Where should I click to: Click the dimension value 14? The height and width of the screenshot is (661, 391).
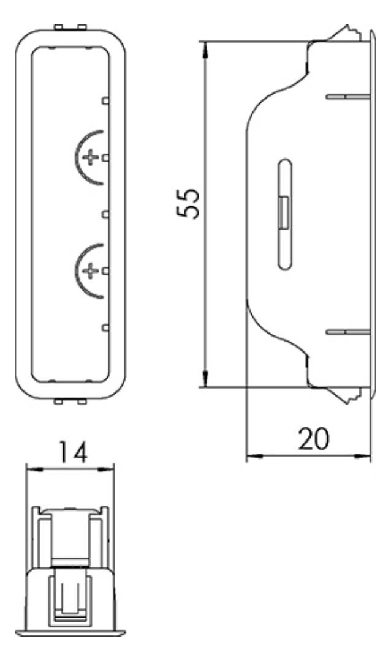click(72, 452)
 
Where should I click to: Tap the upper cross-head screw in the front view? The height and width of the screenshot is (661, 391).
click(90, 157)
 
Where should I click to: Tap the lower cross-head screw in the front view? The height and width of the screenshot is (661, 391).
click(89, 271)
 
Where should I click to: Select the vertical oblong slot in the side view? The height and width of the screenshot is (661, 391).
click(285, 214)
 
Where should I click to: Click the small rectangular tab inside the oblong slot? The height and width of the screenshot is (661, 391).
click(284, 212)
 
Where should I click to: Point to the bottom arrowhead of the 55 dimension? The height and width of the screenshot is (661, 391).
click(205, 379)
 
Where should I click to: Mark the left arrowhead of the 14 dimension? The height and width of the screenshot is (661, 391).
click(34, 469)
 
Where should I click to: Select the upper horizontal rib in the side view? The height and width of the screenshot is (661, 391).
click(348, 97)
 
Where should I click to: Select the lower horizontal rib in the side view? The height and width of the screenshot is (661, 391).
click(348, 332)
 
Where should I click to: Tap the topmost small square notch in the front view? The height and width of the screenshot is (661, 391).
click(105, 100)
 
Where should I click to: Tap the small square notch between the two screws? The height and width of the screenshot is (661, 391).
click(105, 214)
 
